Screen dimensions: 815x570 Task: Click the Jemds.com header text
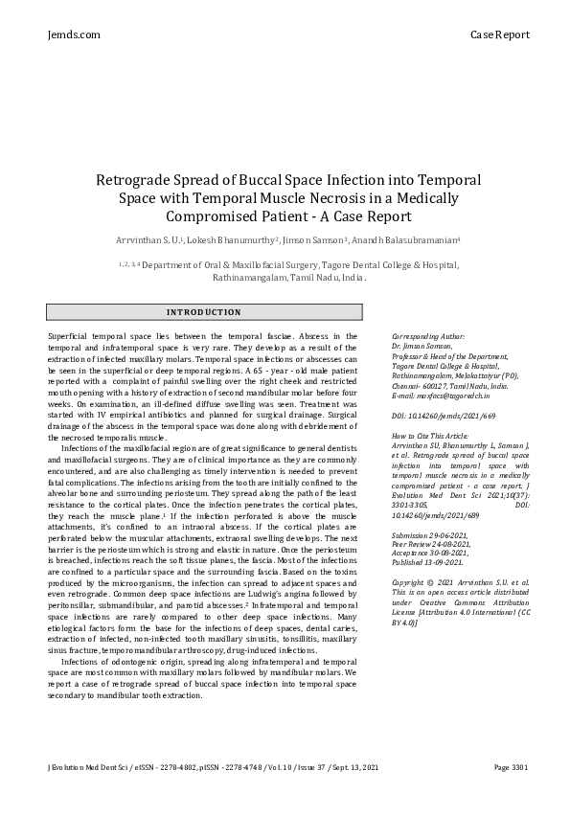[73, 34]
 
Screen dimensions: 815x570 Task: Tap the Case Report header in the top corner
[499, 34]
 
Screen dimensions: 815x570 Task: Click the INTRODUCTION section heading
[204, 312]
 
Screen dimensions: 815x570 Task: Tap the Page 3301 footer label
[513, 795]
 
